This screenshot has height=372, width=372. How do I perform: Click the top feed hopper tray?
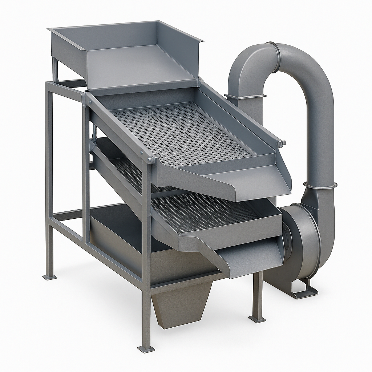(x=124, y=54)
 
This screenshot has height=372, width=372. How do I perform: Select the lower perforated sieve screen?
(x=203, y=211)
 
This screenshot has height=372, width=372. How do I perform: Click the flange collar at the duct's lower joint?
(x=320, y=185)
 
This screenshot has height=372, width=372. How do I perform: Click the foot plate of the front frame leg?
(x=146, y=349)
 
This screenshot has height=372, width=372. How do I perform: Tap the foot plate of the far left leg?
(x=50, y=277)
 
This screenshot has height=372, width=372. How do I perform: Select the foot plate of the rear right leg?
(x=257, y=319)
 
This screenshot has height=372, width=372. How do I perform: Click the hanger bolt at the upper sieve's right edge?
(x=281, y=143)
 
